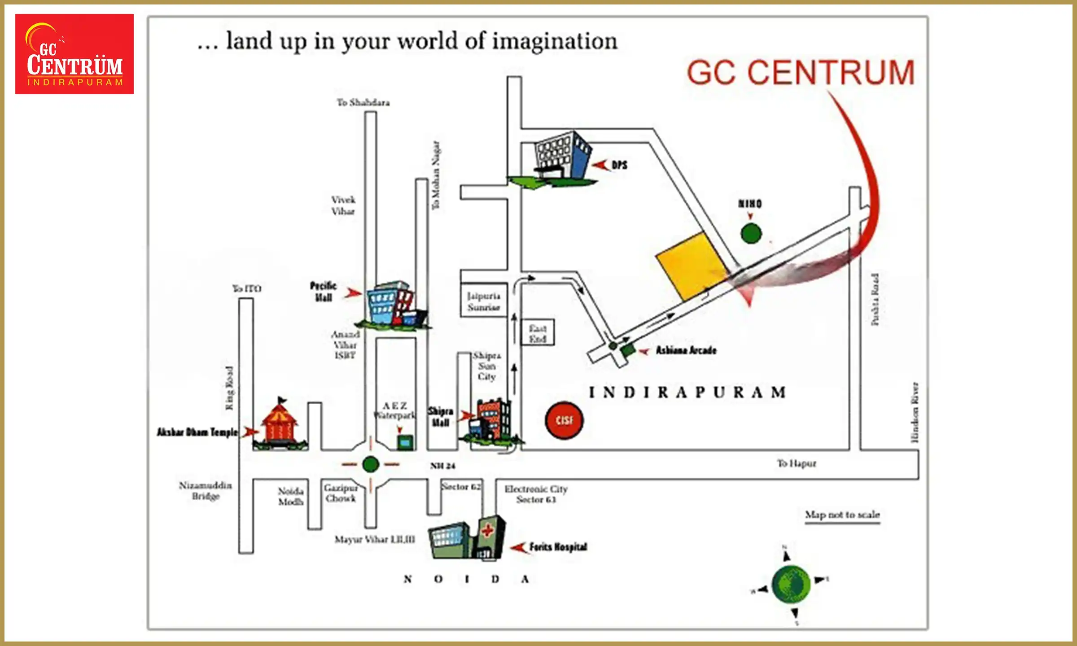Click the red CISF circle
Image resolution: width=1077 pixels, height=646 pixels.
click(x=564, y=420)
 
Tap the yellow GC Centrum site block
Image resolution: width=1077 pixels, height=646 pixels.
click(x=691, y=266)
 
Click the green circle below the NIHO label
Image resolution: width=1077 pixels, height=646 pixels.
click(x=751, y=233)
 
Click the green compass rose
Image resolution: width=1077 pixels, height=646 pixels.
click(x=791, y=584)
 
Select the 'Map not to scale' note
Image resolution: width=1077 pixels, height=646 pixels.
click(x=842, y=515)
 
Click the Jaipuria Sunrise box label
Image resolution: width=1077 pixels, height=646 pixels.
click(x=483, y=301)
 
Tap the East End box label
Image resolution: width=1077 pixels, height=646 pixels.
click(x=537, y=333)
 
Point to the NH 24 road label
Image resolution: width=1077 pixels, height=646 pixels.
click(x=442, y=466)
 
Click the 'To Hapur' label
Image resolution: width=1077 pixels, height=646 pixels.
click(x=796, y=463)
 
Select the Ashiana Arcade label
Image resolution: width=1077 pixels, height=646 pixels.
click(x=686, y=350)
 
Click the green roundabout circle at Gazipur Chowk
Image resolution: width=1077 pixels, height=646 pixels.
click(x=371, y=464)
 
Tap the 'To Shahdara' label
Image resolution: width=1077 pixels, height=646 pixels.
click(x=363, y=103)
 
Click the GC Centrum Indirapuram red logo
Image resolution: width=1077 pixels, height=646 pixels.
click(x=74, y=54)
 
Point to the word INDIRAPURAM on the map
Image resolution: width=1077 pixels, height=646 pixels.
click(x=687, y=393)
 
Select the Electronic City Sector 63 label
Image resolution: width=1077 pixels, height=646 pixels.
click(x=536, y=494)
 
